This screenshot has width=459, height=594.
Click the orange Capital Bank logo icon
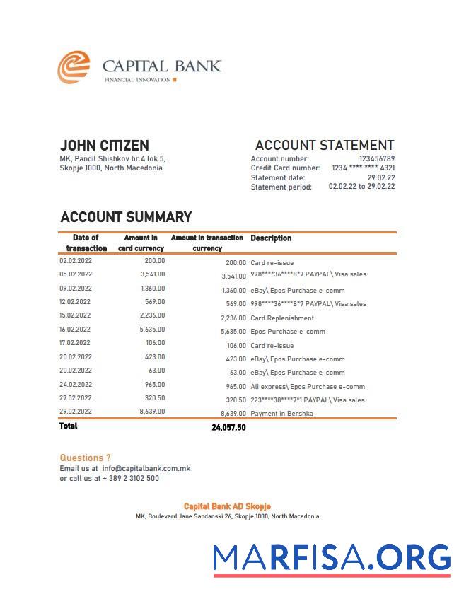tap(74, 67)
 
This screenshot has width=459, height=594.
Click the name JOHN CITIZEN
tap(104, 146)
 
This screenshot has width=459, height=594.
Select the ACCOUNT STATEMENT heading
tap(324, 146)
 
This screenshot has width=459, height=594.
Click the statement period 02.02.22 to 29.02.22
tap(361, 187)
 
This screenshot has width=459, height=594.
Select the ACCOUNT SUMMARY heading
tap(126, 217)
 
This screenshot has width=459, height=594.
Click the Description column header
tap(271, 238)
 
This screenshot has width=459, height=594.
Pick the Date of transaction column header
tap(86, 243)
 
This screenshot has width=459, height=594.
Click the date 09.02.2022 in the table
tap(76, 289)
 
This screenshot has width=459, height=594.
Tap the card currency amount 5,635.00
tap(152, 330)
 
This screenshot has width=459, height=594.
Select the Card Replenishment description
tap(282, 318)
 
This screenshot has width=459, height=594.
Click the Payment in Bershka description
tap(281, 414)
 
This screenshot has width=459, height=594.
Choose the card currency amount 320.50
tap(153, 398)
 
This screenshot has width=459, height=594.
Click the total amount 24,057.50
tap(228, 428)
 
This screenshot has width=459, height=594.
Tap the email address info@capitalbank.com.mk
tap(146, 468)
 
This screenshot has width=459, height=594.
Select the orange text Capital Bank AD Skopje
tap(227, 506)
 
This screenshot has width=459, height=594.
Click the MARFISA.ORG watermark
tap(332, 558)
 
